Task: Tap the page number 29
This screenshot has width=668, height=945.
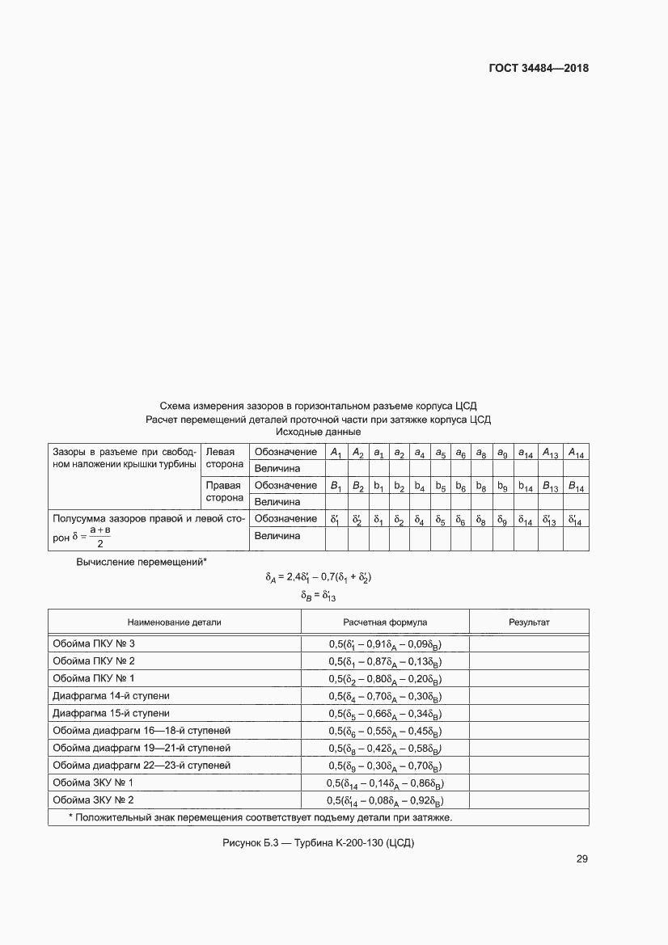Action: tap(581, 859)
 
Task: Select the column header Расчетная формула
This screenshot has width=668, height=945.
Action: tap(385, 622)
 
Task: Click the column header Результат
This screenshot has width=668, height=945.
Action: tap(529, 622)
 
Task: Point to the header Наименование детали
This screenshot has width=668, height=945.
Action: tap(174, 622)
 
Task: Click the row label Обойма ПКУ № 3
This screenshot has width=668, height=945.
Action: tap(94, 643)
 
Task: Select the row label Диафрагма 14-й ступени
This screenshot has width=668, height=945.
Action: tap(111, 695)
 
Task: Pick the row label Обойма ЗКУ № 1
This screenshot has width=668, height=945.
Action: tap(93, 783)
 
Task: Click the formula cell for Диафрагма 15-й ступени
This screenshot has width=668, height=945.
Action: tap(385, 713)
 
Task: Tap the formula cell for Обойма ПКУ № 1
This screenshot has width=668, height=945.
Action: tap(385, 678)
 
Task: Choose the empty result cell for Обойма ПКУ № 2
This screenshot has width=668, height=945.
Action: tap(529, 660)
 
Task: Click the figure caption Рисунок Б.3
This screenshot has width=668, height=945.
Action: tap(318, 843)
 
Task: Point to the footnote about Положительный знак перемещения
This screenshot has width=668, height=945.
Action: tap(260, 817)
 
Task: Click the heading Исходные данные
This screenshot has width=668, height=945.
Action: tap(318, 432)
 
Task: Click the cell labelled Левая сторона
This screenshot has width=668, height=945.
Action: tap(225, 459)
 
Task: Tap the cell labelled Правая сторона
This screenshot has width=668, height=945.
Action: tap(225, 492)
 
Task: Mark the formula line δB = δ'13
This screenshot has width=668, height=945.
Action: tap(318, 596)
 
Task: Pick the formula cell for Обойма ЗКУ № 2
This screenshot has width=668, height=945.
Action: tap(385, 800)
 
